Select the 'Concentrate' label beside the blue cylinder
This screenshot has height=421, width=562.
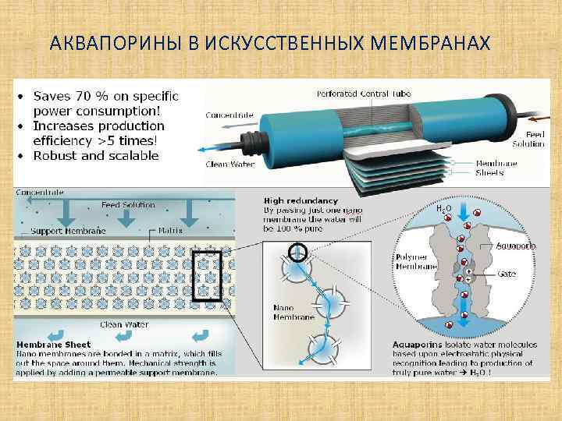click(x=229, y=115)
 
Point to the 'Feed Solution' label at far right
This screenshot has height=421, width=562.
click(x=528, y=139)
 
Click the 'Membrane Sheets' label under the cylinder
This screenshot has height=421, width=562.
click(x=500, y=168)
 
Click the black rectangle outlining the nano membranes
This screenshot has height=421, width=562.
click(x=207, y=275)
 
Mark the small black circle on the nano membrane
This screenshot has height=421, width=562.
click(x=297, y=252)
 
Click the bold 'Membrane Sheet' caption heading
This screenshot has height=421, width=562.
click(x=54, y=344)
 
